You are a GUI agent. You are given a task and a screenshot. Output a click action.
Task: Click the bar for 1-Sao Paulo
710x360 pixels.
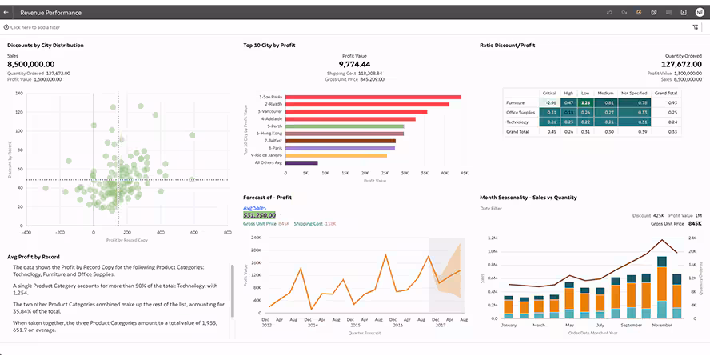(373, 97)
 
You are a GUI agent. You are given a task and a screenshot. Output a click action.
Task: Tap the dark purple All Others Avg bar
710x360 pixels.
(301, 162)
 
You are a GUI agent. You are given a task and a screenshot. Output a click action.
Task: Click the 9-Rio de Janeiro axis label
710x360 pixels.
(266, 155)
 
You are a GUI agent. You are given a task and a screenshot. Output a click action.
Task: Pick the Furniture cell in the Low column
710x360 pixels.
(585, 102)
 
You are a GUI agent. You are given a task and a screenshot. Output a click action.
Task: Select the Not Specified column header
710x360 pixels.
(634, 93)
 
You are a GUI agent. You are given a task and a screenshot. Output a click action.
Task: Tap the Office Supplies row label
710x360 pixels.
(520, 112)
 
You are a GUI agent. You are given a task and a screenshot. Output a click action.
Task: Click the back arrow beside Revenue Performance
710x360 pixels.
(6, 12)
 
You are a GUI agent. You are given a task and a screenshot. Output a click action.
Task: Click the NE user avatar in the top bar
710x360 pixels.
(700, 12)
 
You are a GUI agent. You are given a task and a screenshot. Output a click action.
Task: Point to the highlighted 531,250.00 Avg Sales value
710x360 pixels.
(259, 215)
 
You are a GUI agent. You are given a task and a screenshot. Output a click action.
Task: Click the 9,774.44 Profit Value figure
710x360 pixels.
(354, 64)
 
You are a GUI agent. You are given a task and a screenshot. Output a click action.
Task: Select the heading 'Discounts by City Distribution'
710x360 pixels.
(46, 46)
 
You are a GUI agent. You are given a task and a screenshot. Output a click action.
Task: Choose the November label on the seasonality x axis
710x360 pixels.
(661, 326)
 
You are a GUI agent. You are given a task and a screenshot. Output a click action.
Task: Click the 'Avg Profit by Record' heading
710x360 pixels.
(34, 257)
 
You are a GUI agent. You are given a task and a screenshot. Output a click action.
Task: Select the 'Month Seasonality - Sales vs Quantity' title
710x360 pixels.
(528, 197)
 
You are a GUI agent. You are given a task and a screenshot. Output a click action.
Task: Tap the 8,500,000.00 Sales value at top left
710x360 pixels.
(31, 64)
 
